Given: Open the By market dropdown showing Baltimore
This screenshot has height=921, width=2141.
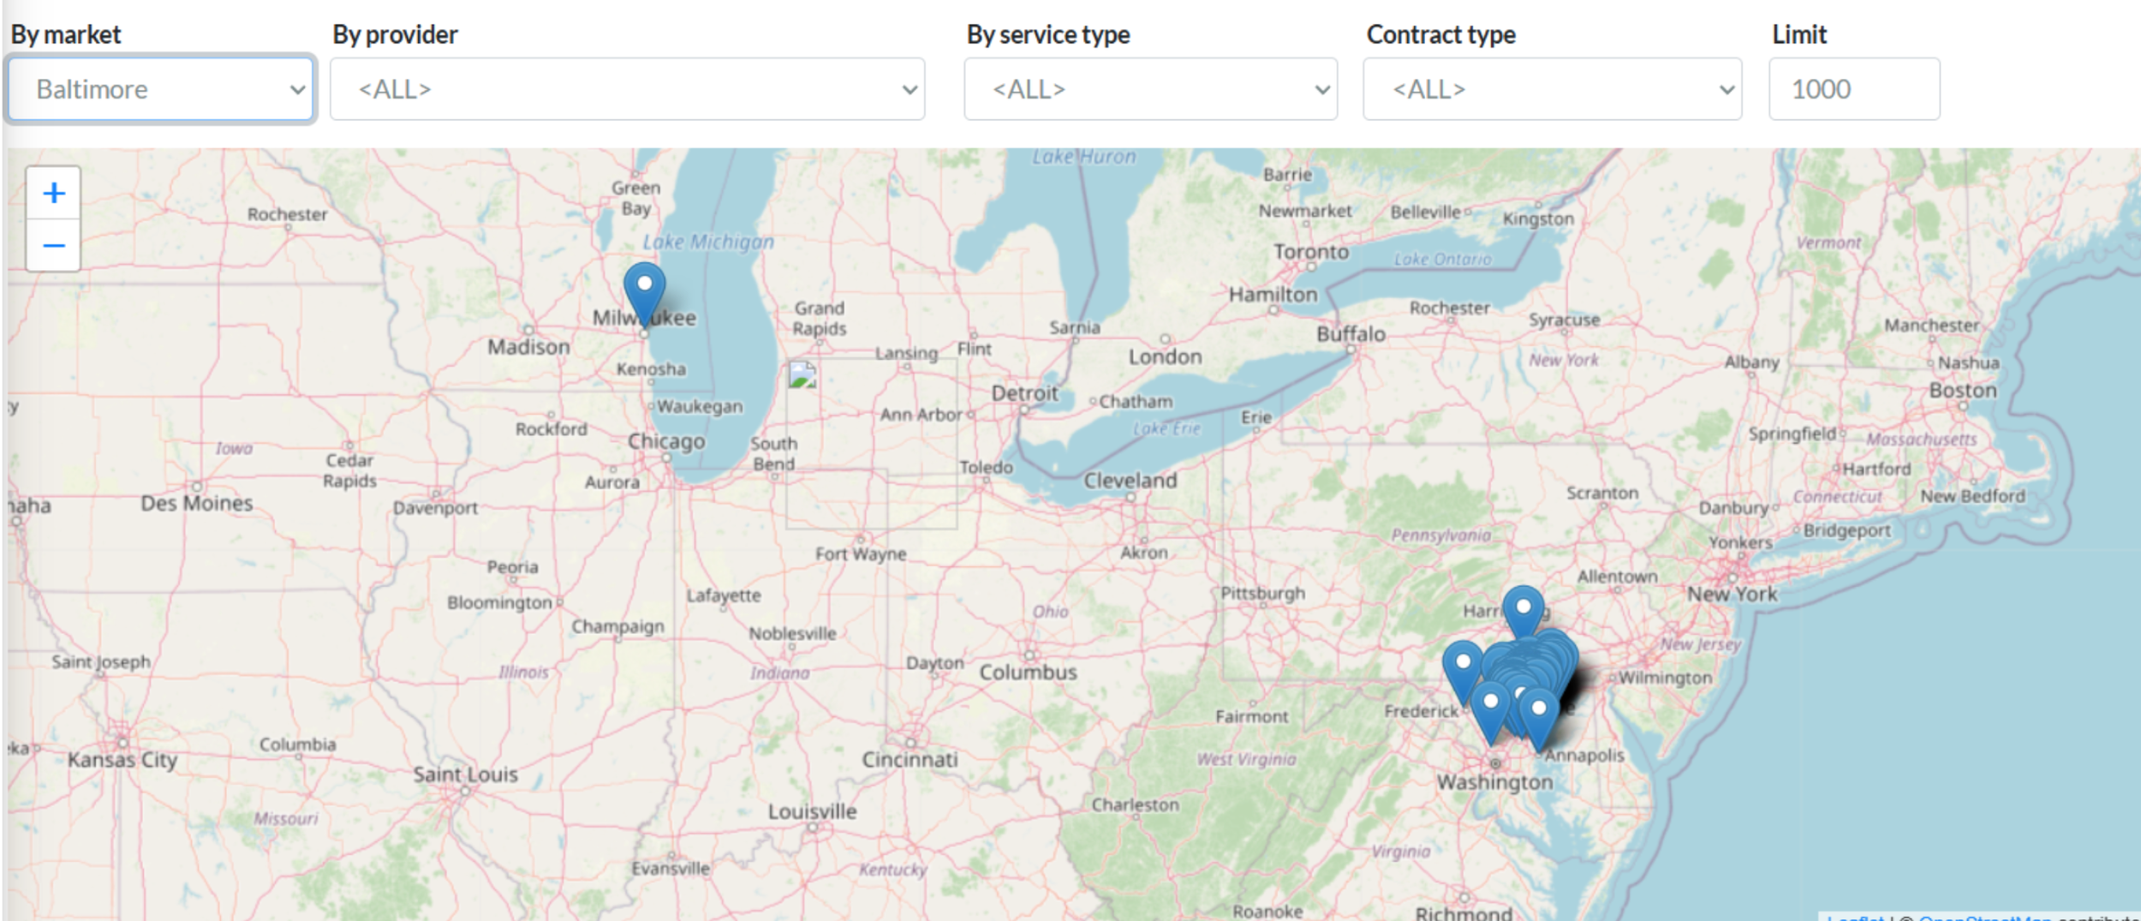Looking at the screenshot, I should (161, 89).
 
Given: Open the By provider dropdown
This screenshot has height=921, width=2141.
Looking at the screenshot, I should (627, 89).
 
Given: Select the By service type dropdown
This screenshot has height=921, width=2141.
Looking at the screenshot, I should (1150, 89).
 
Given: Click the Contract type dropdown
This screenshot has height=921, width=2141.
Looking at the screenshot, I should (1552, 89).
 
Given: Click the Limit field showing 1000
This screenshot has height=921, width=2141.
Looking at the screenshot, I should (1854, 89).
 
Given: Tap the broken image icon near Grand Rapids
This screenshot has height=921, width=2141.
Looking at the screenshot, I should (802, 375).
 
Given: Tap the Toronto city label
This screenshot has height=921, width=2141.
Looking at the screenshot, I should (1310, 252).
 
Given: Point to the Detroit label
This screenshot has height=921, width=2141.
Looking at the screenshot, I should (1024, 393).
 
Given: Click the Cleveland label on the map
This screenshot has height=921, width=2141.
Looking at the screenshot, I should (1130, 481).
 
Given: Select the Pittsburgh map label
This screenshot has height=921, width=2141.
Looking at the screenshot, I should (1262, 593).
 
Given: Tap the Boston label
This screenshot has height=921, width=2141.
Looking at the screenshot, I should (1962, 391).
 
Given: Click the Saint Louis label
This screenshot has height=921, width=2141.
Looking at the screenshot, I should (465, 774).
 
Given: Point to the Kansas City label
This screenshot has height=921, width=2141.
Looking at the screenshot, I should (122, 760).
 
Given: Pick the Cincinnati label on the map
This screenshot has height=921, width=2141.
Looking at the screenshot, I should (909, 760).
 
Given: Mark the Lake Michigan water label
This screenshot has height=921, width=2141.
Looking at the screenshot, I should (707, 242).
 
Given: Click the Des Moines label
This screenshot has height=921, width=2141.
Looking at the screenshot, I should (196, 503).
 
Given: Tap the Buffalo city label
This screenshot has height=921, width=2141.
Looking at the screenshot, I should (1351, 334).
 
